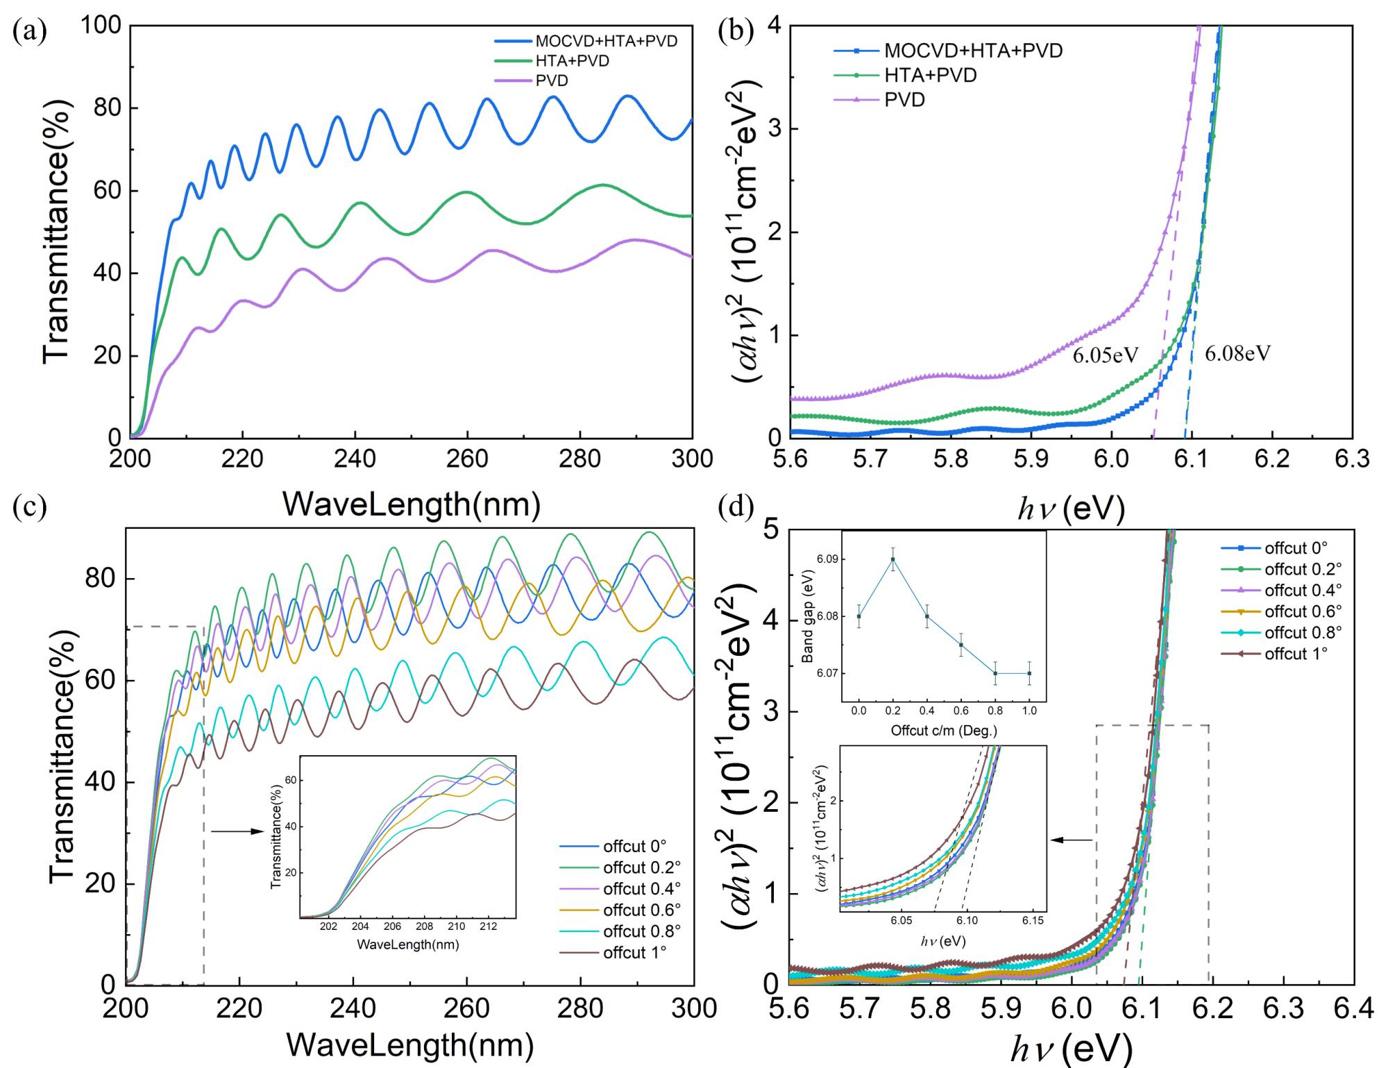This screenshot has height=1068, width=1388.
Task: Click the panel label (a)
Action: [29, 32]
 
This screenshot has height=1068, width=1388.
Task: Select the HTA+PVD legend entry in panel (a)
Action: [572, 61]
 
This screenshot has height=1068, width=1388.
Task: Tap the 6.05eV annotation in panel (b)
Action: [1106, 355]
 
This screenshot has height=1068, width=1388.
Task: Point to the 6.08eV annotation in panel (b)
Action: [1237, 354]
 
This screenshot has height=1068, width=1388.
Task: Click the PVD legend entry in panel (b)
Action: [904, 100]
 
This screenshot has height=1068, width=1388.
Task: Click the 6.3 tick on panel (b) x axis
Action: [1352, 459]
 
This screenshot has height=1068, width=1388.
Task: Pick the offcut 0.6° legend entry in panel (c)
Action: [641, 910]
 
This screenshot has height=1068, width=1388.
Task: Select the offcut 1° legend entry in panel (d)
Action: [1296, 654]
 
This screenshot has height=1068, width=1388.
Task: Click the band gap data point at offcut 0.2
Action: [892, 559]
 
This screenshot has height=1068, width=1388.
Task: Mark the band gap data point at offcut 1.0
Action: [1029, 673]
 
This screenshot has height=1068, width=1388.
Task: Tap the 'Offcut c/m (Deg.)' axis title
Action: [944, 730]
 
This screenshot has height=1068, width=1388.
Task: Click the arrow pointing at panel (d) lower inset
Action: [1072, 840]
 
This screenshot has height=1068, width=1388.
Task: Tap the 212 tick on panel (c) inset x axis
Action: [488, 926]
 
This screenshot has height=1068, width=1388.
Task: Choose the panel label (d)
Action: [736, 507]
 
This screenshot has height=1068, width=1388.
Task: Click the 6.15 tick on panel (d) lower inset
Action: [1033, 920]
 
